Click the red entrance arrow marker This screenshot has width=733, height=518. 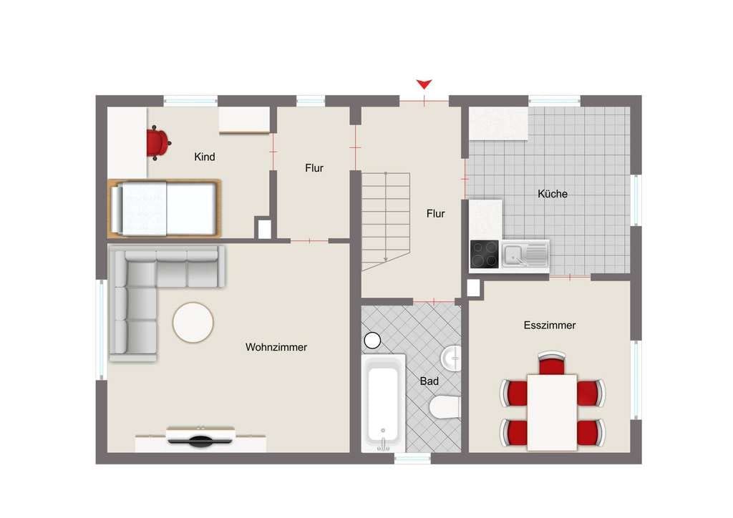tap(424, 84)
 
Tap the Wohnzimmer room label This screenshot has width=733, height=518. tap(276, 347)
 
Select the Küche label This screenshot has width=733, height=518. tap(553, 193)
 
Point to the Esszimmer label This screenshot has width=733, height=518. tap(550, 325)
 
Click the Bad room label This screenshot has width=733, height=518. tap(429, 381)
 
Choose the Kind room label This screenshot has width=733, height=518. tap(205, 157)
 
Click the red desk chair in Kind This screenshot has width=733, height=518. tap(158, 142)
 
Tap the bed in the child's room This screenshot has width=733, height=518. tap(165, 208)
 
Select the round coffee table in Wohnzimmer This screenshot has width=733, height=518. tap(193, 323)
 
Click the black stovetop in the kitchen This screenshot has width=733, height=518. tap(485, 254)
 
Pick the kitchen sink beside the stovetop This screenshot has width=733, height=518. tap(525, 255)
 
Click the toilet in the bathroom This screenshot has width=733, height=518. tap(445, 406)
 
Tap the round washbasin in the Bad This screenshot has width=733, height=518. tap(451, 358)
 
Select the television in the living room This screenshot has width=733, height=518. tap(200, 436)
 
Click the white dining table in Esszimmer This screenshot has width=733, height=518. tap(552, 412)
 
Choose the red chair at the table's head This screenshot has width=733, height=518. tap(552, 363)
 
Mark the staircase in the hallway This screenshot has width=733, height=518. tap(386, 221)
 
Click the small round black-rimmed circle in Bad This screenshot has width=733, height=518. tap(372, 341)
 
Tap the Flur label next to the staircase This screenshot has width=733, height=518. tap(436, 213)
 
